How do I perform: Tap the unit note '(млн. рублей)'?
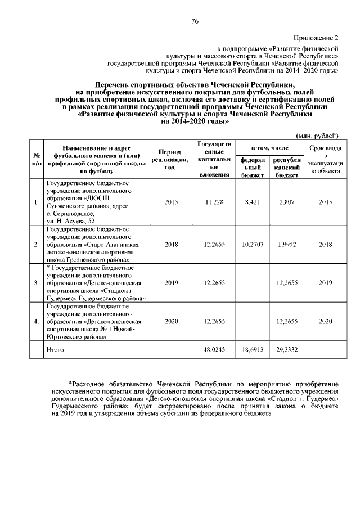(317, 135)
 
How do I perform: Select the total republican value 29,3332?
(287, 349)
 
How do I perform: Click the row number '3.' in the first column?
(36, 283)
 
